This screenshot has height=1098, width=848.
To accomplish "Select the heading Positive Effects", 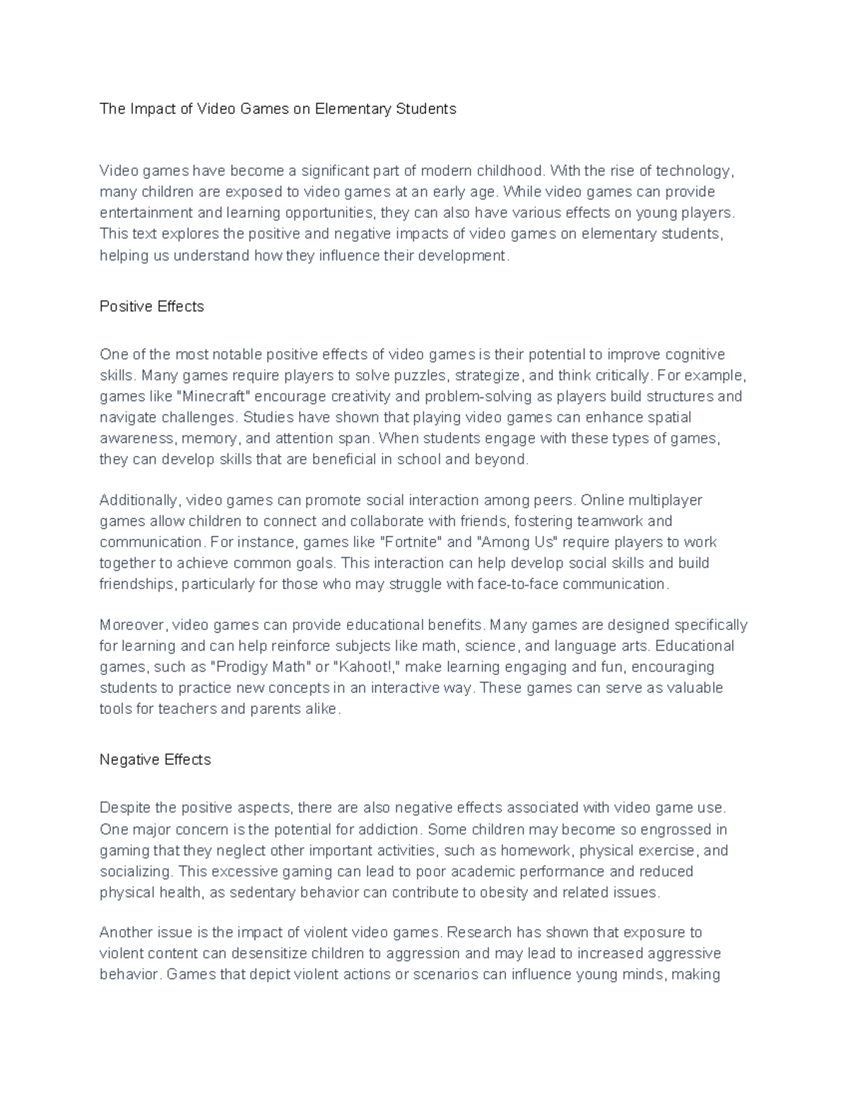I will coord(152,307).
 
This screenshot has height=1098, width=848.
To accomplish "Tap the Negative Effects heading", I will coord(155,760).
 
